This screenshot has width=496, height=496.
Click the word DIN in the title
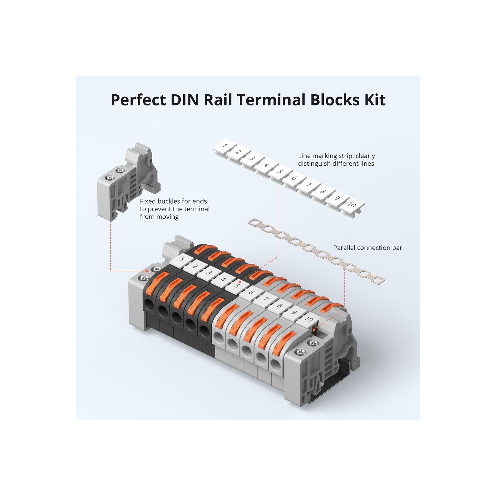click(x=185, y=100)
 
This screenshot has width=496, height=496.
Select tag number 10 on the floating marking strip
click(x=352, y=205)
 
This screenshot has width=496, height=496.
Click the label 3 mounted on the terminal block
click(x=209, y=273)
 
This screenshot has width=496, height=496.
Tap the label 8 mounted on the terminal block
click(x=280, y=305)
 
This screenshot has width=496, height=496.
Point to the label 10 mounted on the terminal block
click(x=308, y=319)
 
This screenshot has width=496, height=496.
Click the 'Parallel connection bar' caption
click(x=367, y=248)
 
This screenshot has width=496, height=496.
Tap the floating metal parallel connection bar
click(x=316, y=252)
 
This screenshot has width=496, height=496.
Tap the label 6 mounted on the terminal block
click(x=251, y=292)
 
